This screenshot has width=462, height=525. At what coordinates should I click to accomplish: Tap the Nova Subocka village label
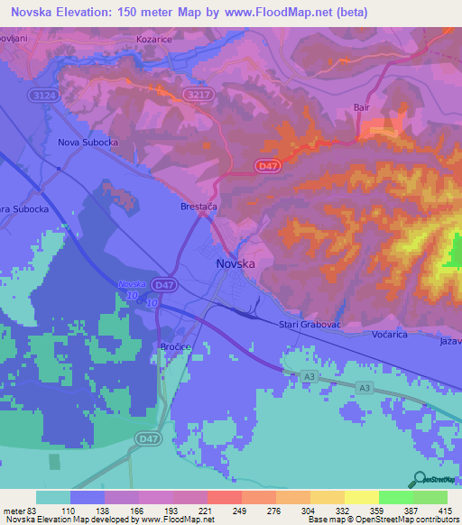coord(88,143)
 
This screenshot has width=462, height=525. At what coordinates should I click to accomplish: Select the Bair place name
coord(363,107)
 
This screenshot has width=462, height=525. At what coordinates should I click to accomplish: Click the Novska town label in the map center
coord(236,264)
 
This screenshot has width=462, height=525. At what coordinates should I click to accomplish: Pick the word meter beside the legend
coord(14,511)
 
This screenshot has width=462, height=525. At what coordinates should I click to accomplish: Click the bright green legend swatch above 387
coord(395,497)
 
